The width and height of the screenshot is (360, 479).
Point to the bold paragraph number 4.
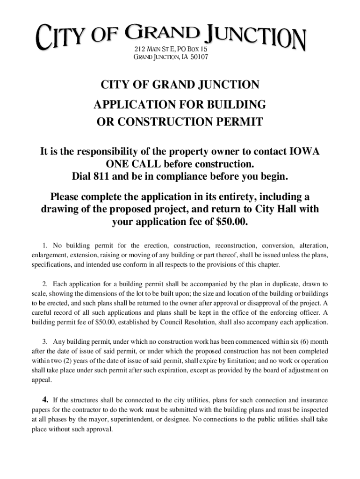click(45, 399)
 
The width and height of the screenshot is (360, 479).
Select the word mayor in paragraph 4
click(107, 419)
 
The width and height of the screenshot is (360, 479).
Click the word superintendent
click(140, 419)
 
